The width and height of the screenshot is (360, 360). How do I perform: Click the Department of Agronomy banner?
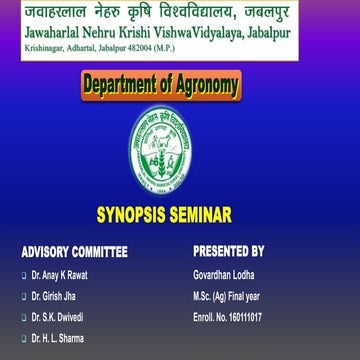point(179,87)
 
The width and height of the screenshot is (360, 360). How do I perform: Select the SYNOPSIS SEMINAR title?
point(179,214)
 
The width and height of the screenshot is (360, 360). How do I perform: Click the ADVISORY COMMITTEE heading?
point(75,251)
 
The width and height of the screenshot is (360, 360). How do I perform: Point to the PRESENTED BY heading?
point(228,251)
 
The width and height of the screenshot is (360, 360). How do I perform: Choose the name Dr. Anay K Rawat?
point(61,273)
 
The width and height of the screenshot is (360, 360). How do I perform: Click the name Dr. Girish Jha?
point(53,295)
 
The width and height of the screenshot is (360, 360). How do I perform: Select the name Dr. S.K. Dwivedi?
point(57,317)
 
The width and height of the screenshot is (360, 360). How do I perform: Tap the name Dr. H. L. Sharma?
point(58,339)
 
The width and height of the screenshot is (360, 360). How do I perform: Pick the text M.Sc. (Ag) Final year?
point(226,295)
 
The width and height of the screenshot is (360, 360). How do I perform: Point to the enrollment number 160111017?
point(227,317)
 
